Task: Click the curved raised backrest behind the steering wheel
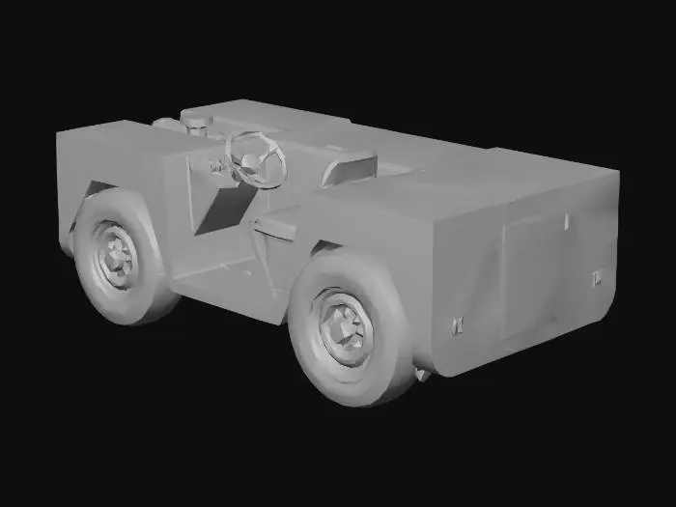(x=348, y=166)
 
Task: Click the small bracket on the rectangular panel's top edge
(x=567, y=222)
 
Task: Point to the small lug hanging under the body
(x=421, y=374)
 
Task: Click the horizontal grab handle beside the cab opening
(x=276, y=227)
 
